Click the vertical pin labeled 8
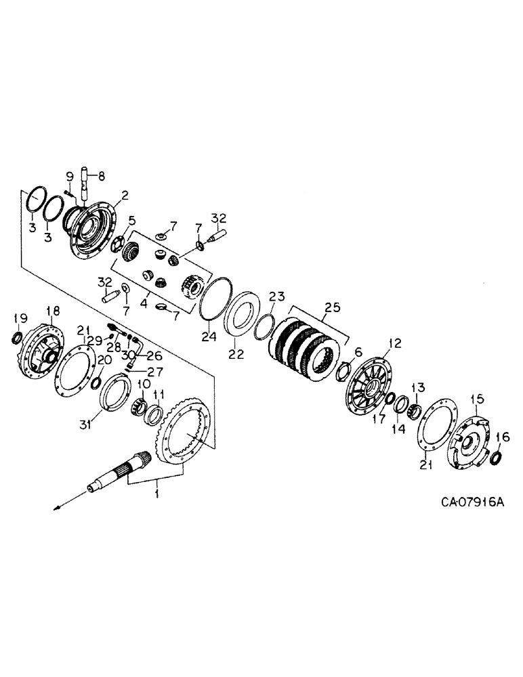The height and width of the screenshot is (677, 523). click(87, 183)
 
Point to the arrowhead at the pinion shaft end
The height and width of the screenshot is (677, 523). click(58, 505)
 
